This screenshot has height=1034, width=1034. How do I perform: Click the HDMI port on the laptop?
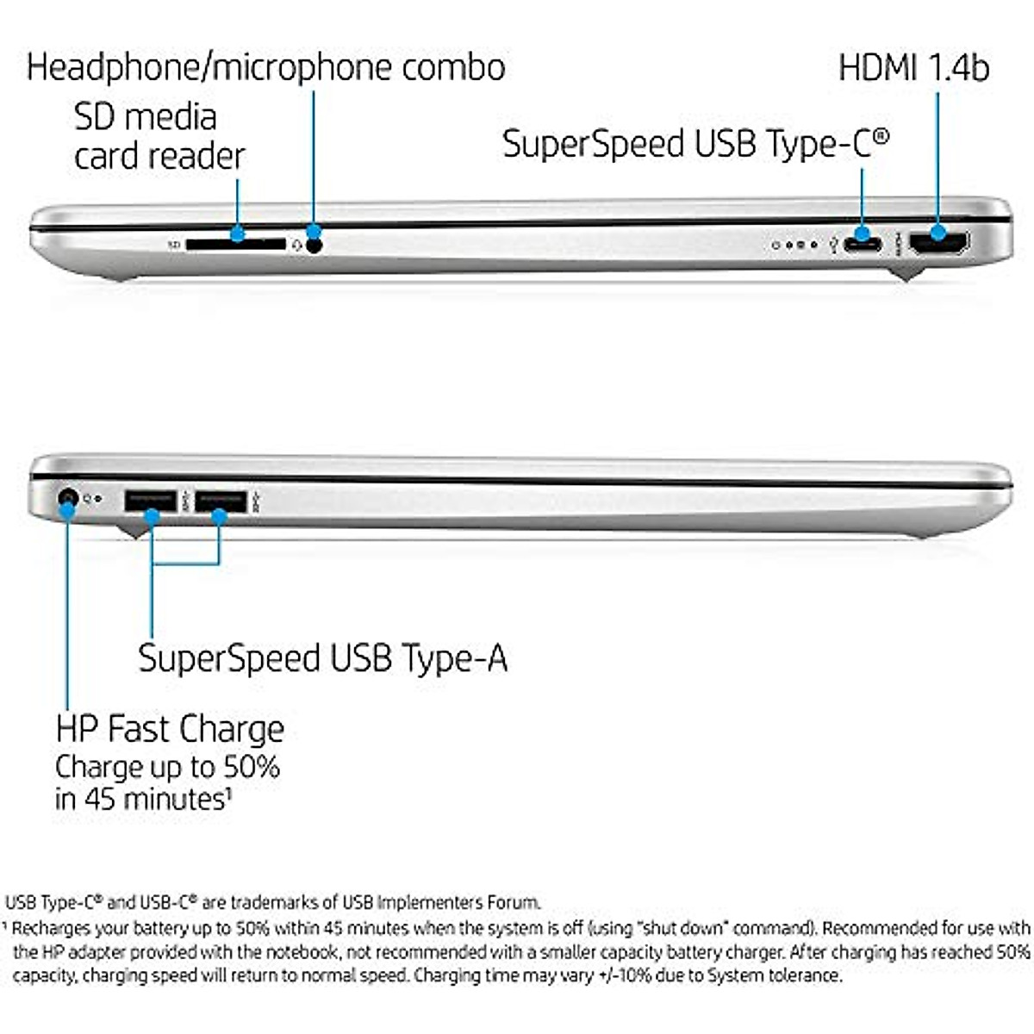(x=938, y=244)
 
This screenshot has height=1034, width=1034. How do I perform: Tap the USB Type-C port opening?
(x=863, y=244)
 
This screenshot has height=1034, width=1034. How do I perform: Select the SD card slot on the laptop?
(x=234, y=245)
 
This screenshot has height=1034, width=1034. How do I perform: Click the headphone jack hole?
(x=315, y=245)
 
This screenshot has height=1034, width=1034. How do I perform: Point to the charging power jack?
(x=67, y=498)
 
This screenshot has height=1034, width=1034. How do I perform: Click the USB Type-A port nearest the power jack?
(x=151, y=501)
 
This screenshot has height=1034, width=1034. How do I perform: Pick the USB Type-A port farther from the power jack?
(x=221, y=501)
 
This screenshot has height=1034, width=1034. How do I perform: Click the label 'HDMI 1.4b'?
(x=913, y=68)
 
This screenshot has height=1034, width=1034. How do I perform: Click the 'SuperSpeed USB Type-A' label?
(x=322, y=658)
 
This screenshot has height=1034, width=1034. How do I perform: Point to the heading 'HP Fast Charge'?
(x=170, y=729)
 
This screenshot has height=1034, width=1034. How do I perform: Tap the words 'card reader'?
(x=159, y=156)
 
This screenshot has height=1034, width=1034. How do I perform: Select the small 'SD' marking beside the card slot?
(x=174, y=246)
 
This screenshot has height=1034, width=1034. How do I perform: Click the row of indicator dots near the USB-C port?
(x=794, y=246)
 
